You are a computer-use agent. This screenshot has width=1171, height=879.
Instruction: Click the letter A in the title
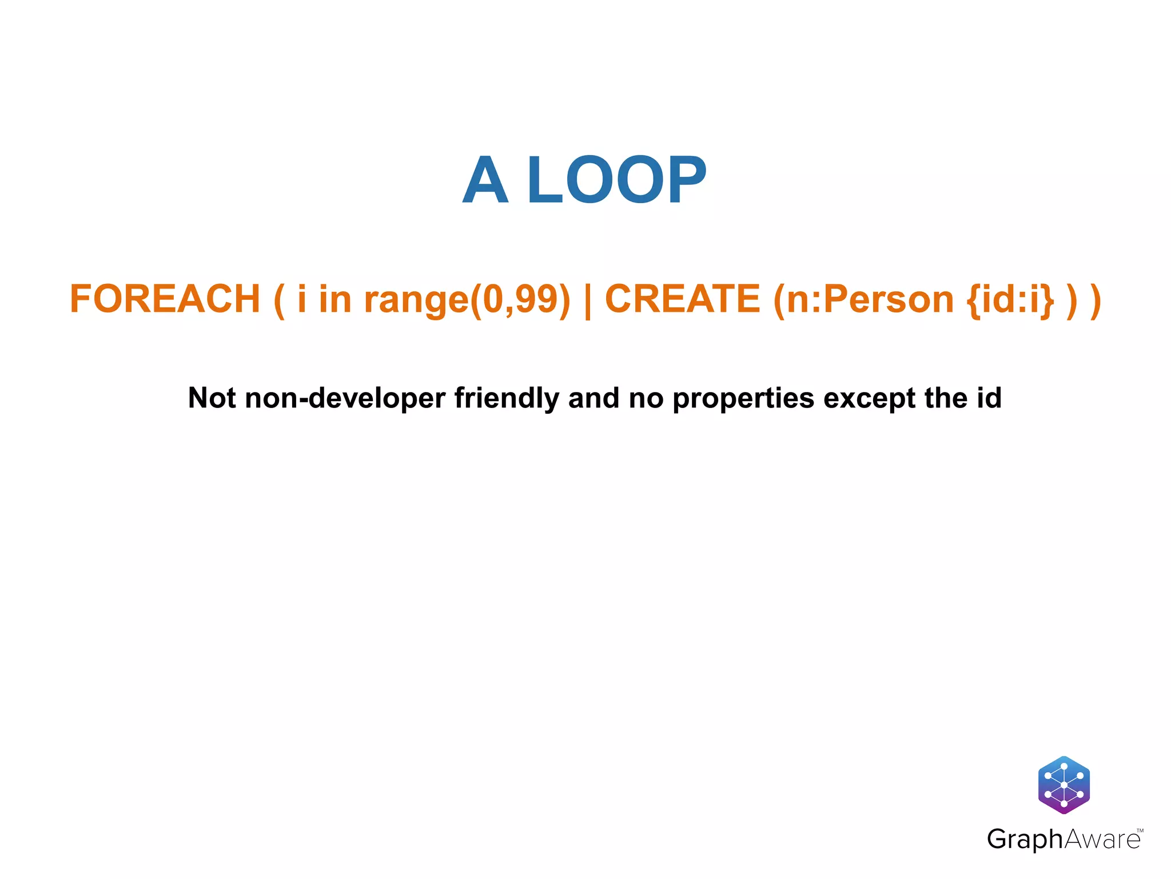tap(485, 180)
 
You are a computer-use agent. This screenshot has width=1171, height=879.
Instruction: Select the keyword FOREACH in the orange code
tap(165, 299)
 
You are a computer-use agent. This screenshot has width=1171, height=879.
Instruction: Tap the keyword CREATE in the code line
tap(682, 299)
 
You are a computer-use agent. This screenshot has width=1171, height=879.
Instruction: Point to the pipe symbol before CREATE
tap(587, 300)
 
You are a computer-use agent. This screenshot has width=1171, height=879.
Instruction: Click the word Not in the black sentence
tap(212, 398)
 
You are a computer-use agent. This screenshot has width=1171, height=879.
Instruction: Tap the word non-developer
tap(345, 398)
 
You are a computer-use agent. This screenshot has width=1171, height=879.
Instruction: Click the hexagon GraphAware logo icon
tap(1064, 785)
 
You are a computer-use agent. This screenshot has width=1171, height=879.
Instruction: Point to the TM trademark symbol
tap(1140, 830)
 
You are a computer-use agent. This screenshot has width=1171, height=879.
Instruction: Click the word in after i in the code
tap(334, 299)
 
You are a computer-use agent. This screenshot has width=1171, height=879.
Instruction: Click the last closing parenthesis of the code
tap(1096, 300)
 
